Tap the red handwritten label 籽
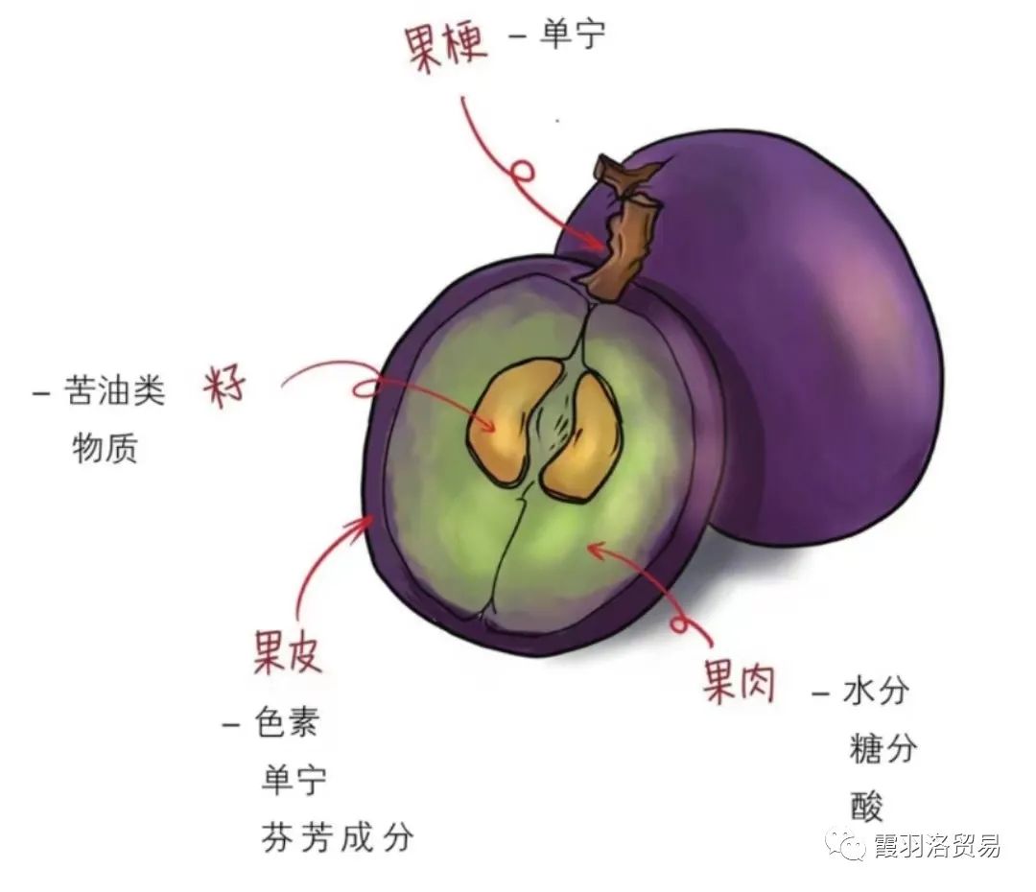[226, 387]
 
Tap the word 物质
[105, 448]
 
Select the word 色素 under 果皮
[285, 722]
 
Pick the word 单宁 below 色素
[294, 779]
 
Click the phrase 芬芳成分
[337, 836]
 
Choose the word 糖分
[883, 748]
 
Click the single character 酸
[865, 806]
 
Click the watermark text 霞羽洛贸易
[936, 846]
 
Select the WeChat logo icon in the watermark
[847, 845]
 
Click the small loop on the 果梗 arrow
[521, 173]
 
